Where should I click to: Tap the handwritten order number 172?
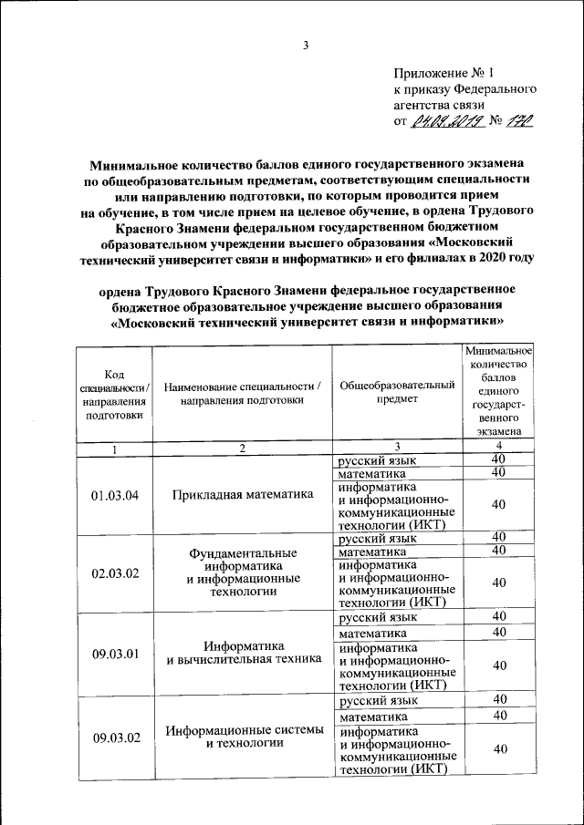pyautogui.click(x=518, y=119)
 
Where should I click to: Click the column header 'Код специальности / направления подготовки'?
pyautogui.click(x=114, y=392)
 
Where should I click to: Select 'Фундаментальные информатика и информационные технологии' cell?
pyautogui.click(x=243, y=572)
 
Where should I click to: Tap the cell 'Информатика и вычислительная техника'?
pyautogui.click(x=243, y=652)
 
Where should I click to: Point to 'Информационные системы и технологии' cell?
pyautogui.click(x=243, y=737)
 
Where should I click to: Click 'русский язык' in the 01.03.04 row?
pyautogui.click(x=371, y=460)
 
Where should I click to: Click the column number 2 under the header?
pyautogui.click(x=243, y=449)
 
